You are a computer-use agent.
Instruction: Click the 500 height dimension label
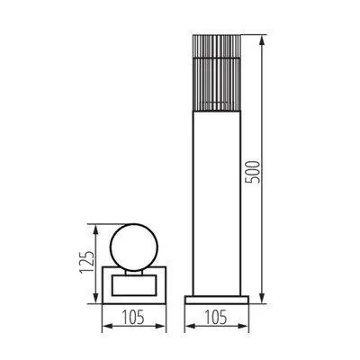coord(252,172)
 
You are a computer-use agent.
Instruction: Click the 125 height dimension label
coord(87,262)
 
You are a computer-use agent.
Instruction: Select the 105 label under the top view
coord(133,317)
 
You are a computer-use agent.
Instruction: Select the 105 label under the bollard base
coord(216,317)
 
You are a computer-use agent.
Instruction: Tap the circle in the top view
coord(110,247)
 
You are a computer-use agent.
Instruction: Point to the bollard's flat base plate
coord(217,300)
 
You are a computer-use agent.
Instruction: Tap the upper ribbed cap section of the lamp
coord(217,46)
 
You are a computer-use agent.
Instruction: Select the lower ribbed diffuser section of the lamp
coord(217,85)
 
